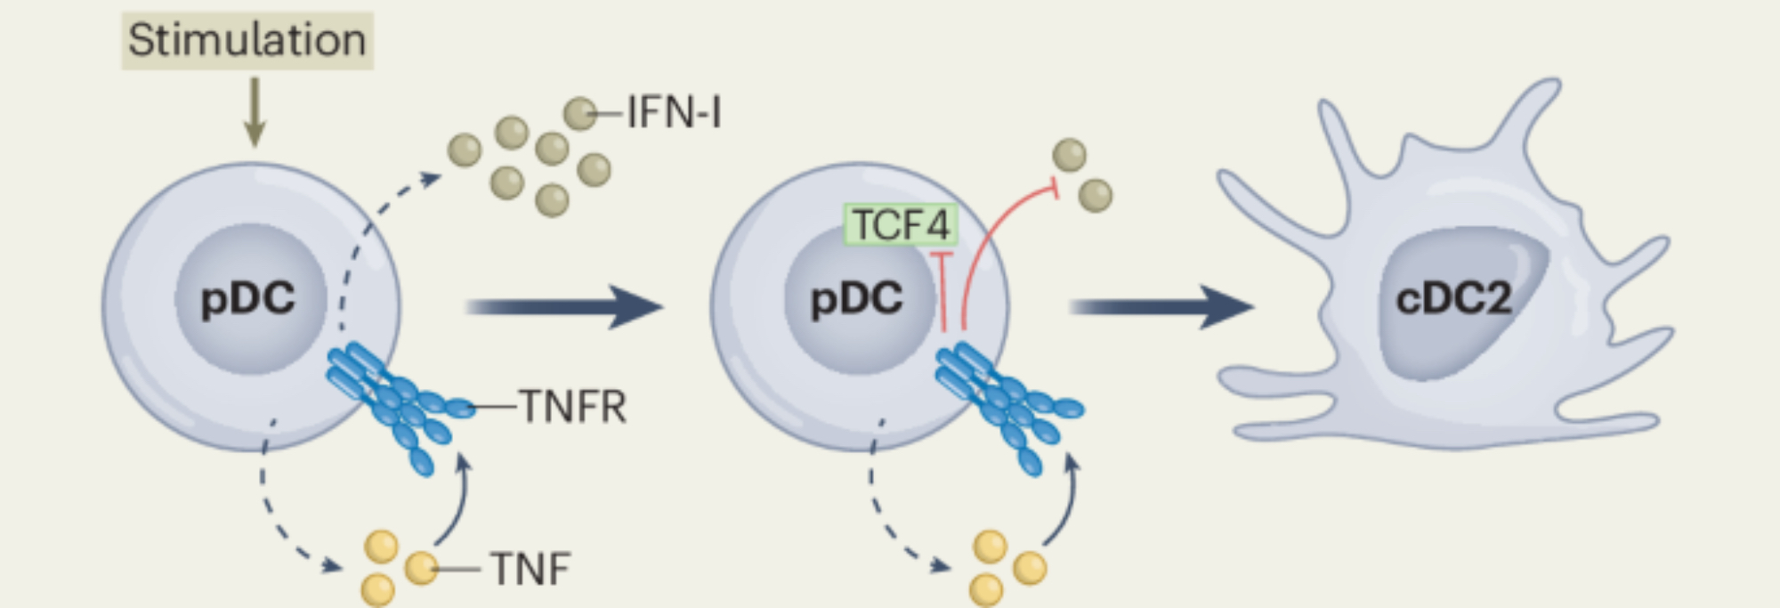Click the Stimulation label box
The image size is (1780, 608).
coord(247,40)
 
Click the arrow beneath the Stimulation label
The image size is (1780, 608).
coord(255,111)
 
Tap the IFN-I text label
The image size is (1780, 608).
coord(674,113)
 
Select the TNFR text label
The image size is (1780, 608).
coord(573,407)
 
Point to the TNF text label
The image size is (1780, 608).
coord(530,569)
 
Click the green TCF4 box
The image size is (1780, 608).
coord(901,224)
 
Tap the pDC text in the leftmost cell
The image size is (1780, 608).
coord(247,298)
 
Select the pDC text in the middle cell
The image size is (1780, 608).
coord(856,298)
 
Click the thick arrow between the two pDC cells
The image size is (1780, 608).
coord(564,307)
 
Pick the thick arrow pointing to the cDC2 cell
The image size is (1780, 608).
coord(1161,307)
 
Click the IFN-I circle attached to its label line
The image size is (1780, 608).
coord(580,114)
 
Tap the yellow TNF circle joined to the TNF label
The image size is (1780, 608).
coord(421,567)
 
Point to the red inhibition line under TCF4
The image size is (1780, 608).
coord(943,294)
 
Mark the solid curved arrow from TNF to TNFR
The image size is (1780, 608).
coord(456,503)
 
